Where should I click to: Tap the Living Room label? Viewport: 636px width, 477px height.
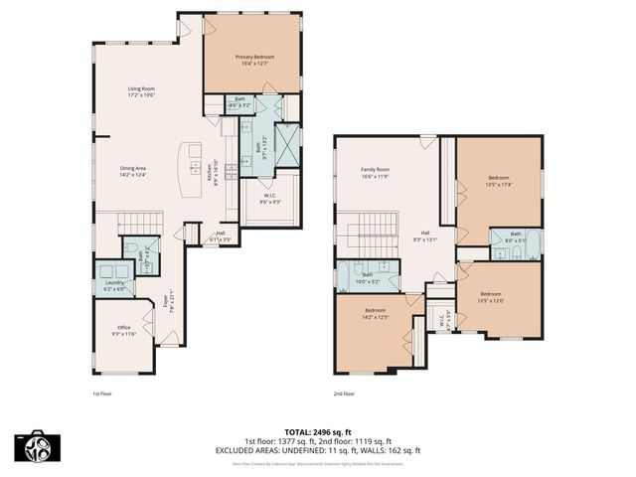tap(141, 92)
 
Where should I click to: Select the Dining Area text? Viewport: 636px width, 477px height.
tap(133, 171)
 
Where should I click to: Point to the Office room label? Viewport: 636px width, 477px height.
tap(124, 330)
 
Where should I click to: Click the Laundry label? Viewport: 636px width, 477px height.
tap(114, 286)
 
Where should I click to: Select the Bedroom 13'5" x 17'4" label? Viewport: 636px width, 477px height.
tap(498, 181)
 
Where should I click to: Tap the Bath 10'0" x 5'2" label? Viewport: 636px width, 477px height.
tap(367, 278)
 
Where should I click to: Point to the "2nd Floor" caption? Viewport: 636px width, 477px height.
tap(345, 394)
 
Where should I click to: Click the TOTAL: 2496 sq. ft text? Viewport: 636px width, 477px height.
tap(318, 431)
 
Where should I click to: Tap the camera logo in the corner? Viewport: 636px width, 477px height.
tap(34, 447)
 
